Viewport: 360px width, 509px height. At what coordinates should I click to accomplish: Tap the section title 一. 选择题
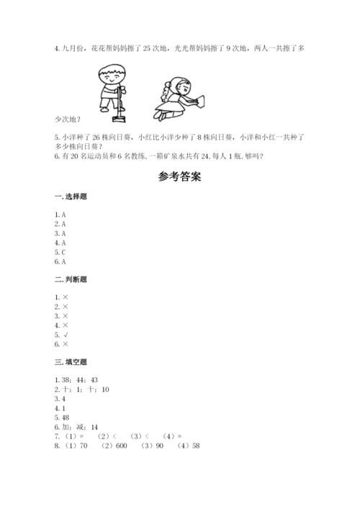(x=70, y=197)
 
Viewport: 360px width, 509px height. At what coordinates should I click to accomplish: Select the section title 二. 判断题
(x=70, y=279)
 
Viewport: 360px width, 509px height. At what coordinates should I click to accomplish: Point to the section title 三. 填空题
(x=70, y=361)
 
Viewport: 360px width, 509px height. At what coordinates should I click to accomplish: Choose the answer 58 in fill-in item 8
(x=191, y=446)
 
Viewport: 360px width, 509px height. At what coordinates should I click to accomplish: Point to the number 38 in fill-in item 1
(x=67, y=379)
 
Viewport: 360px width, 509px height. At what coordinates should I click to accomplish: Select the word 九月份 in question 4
(x=74, y=49)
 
